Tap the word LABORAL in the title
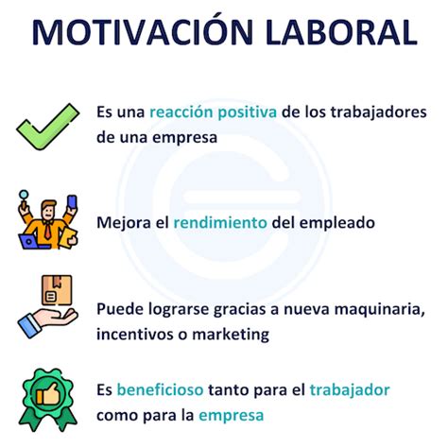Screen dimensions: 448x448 click(x=341, y=32)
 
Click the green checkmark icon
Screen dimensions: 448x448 click(x=48, y=127)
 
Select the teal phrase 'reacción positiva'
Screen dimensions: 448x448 click(x=213, y=112)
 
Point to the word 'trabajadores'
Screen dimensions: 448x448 click(x=378, y=112)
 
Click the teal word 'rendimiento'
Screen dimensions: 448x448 click(x=220, y=222)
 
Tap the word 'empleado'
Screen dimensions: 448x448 click(x=336, y=223)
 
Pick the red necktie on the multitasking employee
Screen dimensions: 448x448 click(x=47, y=230)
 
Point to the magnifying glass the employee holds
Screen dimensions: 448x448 click(x=24, y=198)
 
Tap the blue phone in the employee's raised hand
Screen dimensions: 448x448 click(x=72, y=202)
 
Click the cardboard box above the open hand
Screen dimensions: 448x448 click(x=57, y=290)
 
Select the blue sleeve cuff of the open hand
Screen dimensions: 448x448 click(x=29, y=325)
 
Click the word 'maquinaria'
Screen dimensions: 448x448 click(x=379, y=310)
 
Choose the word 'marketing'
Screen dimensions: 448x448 click(x=231, y=335)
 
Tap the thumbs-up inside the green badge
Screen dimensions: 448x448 click(x=47, y=393)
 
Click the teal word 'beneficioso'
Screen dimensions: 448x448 click(x=160, y=389)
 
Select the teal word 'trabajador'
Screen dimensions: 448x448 click(x=350, y=390)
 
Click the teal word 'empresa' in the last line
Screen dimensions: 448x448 click(x=231, y=416)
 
